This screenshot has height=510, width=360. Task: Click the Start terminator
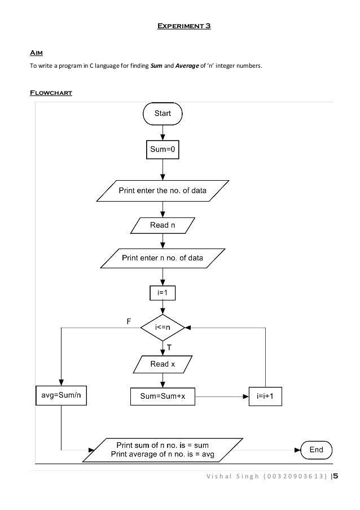[163, 114]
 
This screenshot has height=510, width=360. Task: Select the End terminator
[316, 450]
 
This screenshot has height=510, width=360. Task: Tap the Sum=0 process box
[163, 150]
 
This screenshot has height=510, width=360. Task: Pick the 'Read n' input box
[163, 225]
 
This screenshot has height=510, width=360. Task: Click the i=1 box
[163, 293]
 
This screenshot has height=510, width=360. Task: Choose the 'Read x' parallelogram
[163, 364]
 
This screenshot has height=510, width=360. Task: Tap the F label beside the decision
[129, 321]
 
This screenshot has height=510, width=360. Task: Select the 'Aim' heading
[36, 53]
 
